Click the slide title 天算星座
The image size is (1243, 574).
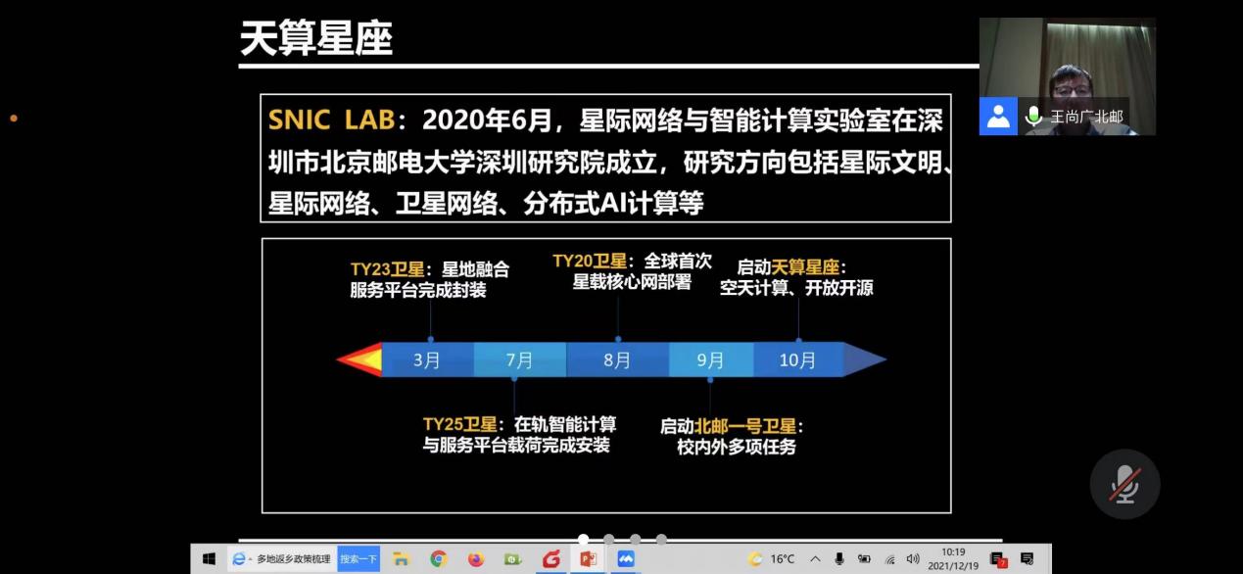[x=316, y=38]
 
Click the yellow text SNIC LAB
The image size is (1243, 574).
[x=332, y=120]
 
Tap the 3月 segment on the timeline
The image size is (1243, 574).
[x=427, y=359]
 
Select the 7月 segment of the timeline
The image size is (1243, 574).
[x=520, y=359]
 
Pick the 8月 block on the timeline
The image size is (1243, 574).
[x=618, y=359]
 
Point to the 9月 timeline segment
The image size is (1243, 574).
[x=711, y=359]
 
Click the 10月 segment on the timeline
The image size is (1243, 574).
[x=798, y=359]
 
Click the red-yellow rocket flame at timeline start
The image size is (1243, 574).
[x=359, y=359]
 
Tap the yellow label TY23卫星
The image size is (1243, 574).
[x=387, y=269]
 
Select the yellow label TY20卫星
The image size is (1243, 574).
[x=590, y=261]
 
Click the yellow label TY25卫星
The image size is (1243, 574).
[x=460, y=424]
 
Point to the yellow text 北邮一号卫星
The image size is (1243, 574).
[x=745, y=426]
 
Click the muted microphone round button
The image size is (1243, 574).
[x=1124, y=484]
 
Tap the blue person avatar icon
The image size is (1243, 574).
[x=998, y=116]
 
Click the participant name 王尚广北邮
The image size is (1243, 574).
[x=1086, y=117]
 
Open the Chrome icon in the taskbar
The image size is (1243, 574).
[x=439, y=558]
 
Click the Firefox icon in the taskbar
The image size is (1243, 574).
[x=476, y=558]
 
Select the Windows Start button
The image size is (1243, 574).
[x=210, y=559]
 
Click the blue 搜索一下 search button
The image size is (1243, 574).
[x=359, y=559]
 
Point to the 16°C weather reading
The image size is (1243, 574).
[x=783, y=559]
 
